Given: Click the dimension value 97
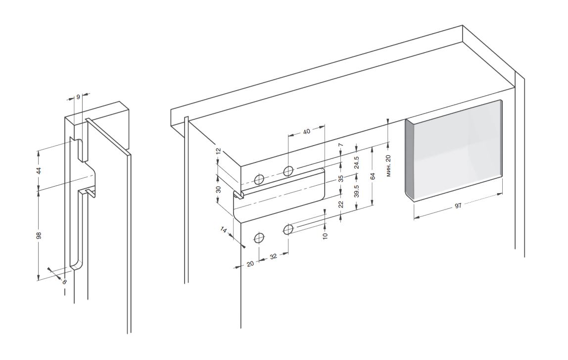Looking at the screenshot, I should pos(458,206).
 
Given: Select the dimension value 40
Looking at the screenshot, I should pos(307,131).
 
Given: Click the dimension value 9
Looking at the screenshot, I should pos(78,97).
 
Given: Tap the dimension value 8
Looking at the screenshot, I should pos(64,281).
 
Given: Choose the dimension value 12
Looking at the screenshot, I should pos(218,153).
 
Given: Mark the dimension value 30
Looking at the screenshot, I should pos(218,189).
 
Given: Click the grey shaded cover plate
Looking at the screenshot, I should pos(454,149).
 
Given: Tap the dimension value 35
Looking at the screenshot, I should pos(341,178).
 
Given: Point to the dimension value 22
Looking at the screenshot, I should pos(341,204).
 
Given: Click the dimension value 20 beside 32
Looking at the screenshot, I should pos(250,264).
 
